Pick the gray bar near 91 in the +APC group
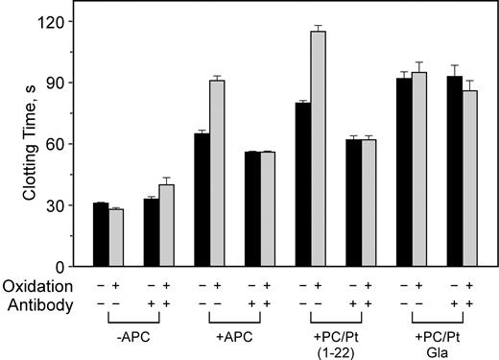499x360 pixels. point(218,173)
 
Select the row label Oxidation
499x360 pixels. point(37,286)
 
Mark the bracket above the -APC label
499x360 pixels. point(139,318)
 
